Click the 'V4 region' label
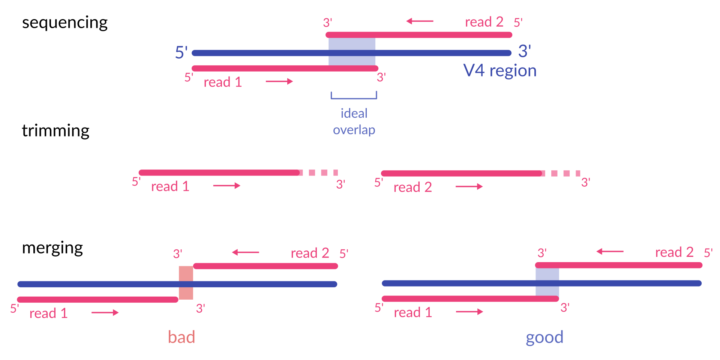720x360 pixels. pos(500,70)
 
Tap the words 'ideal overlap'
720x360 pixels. pos(354,121)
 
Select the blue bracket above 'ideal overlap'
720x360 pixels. pos(354,96)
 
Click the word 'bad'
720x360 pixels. pos(181,337)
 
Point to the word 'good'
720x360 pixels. pos(544,337)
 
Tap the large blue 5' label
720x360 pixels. pos(181,52)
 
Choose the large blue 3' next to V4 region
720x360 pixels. pos(524,51)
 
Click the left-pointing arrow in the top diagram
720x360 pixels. pos(420,21)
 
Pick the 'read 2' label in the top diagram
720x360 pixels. pos(484,22)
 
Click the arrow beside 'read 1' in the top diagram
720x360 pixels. pos(279,81)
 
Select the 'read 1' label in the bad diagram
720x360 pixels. pos(48,313)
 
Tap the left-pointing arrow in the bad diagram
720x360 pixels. pos(245,252)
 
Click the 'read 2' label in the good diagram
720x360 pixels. pos(674,252)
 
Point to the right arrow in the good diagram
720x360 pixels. pos(469,312)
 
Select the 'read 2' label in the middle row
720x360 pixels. pos(412,187)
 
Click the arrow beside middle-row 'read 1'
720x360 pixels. pos(226,186)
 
